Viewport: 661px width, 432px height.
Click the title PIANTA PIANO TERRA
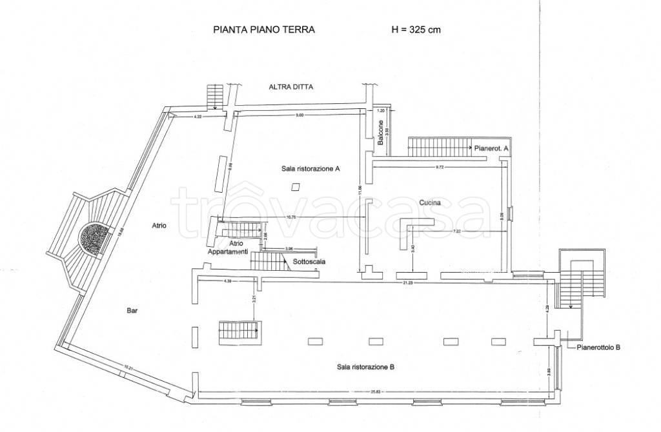[x=263, y=30]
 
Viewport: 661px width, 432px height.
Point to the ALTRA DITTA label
[x=290, y=88]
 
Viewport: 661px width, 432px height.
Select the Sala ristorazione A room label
[x=310, y=169]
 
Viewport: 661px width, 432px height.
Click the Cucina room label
[x=430, y=202]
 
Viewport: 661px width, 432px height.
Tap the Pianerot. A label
[x=492, y=148]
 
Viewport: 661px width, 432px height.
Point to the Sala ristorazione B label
[x=365, y=367]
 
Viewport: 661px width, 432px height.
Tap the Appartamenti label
[x=227, y=251]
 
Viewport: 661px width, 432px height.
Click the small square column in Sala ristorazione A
[x=295, y=187]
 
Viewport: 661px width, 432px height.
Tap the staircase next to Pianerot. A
[x=438, y=146]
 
